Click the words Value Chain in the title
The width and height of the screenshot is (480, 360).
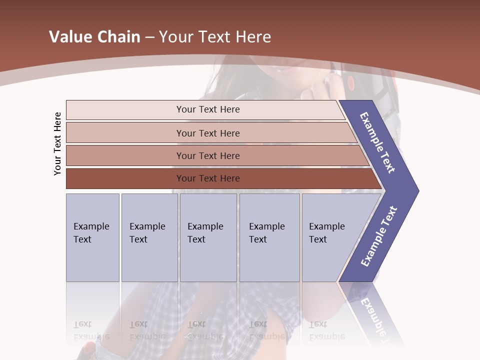94,37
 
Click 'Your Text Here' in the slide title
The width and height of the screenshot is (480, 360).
215,37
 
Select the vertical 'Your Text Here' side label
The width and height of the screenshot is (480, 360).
57,144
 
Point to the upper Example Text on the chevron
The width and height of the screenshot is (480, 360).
377,142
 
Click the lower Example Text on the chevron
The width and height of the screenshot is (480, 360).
378,236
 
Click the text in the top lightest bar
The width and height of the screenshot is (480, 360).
208,109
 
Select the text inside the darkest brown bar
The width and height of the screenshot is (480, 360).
208,178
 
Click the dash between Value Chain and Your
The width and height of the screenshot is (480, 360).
149,37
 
